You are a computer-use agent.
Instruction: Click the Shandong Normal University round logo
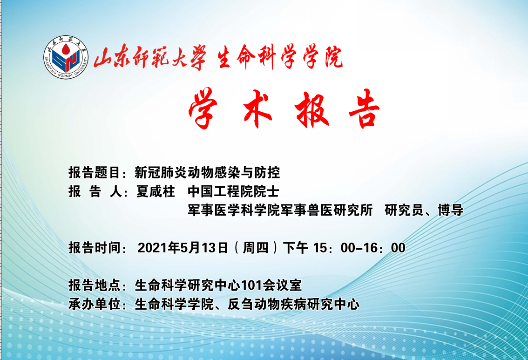66,58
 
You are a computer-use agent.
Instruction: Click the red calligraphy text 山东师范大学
150,57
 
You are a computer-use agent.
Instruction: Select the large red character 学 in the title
203,109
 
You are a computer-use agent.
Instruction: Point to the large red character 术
257,109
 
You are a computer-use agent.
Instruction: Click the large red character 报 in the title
311,109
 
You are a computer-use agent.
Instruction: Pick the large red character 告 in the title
365,109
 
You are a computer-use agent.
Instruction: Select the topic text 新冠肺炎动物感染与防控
207,172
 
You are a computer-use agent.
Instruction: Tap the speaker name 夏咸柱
156,191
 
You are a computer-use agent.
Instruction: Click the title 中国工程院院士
233,191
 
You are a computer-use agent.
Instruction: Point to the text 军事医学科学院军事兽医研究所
280,210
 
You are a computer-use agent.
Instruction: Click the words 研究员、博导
424,210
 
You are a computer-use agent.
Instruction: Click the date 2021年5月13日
183,247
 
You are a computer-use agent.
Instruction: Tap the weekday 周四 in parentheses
256,247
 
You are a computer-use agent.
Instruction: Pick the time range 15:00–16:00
359,248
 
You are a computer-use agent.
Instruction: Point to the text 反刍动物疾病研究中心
293,304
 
